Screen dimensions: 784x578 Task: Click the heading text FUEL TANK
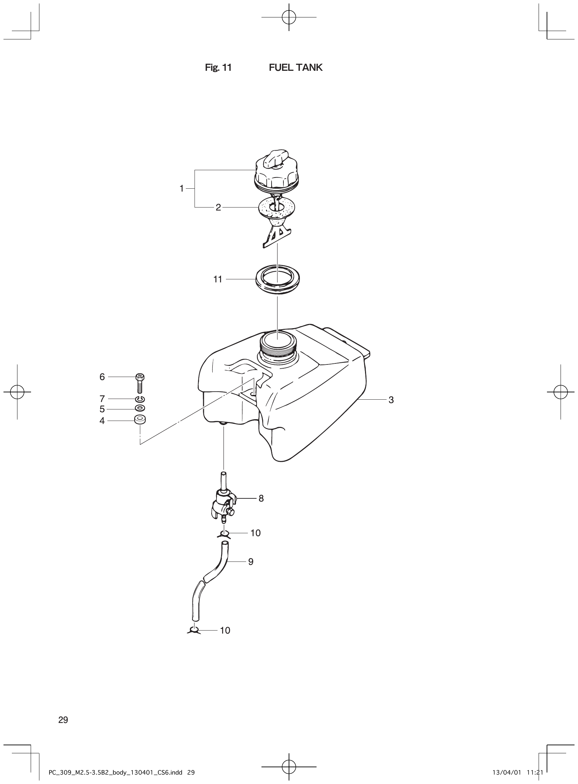295,68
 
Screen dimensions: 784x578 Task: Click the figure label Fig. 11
218,68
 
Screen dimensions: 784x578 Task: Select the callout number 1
182,189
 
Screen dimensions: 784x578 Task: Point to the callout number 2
218,208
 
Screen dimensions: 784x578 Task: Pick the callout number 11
218,279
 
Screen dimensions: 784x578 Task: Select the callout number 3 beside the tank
391,400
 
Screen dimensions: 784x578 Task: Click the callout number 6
102,377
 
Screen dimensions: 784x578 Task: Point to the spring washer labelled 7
140,399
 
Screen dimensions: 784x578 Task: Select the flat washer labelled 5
140,408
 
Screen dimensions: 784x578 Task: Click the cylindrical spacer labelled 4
140,420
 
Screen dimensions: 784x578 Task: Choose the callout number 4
102,421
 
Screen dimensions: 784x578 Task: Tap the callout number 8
261,498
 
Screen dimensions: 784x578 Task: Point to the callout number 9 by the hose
251,562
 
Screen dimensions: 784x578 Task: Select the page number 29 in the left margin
63,720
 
